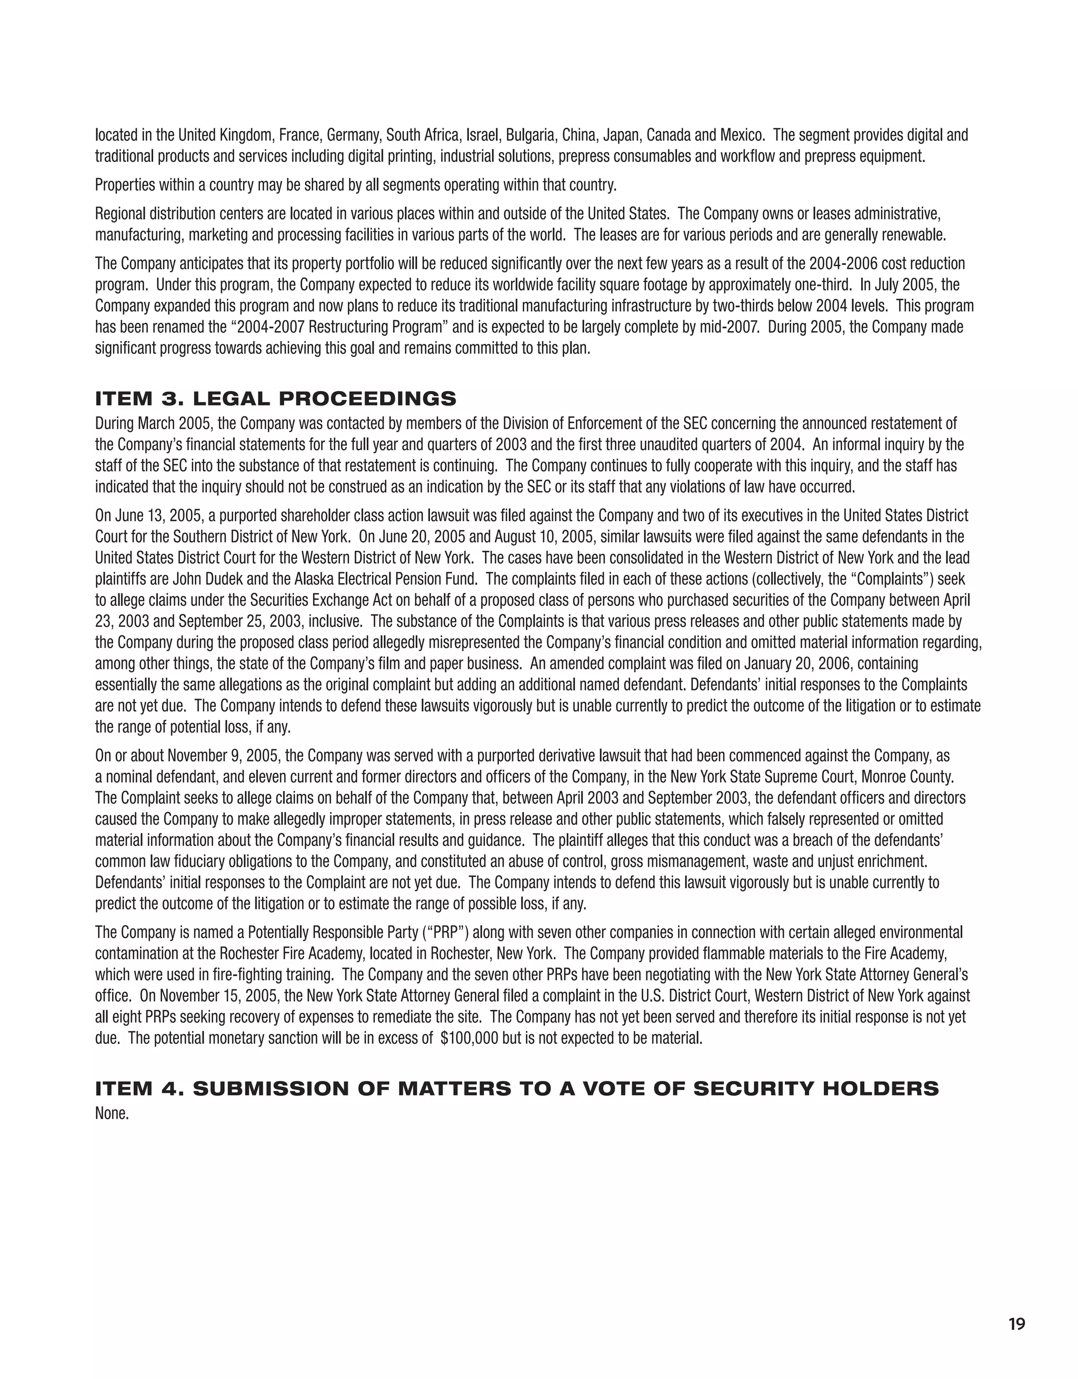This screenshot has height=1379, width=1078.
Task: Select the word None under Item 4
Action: click(x=112, y=1113)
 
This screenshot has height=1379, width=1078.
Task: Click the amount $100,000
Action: click(x=468, y=1038)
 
